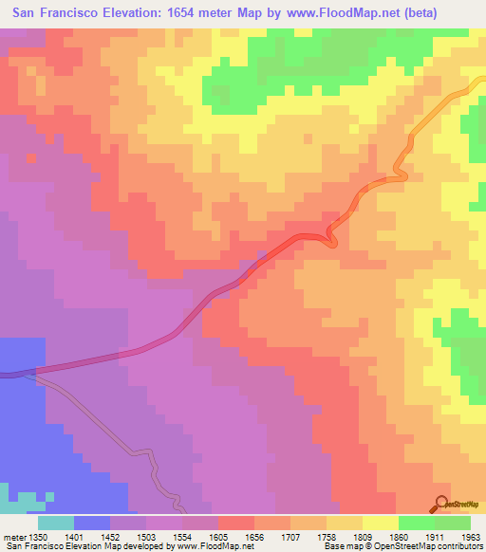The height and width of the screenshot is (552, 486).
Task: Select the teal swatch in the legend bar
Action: coord(56,522)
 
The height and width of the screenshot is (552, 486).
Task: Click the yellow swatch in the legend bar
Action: coord(380,522)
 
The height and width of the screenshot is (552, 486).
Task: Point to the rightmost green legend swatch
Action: coord(453,522)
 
